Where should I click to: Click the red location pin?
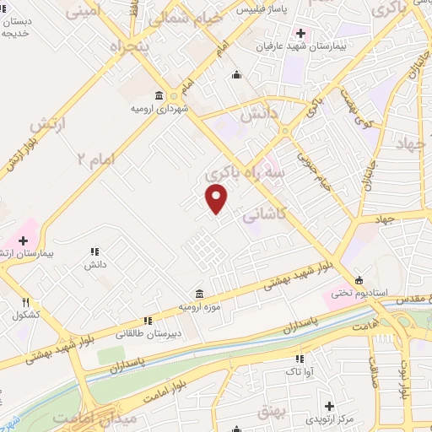[218, 198]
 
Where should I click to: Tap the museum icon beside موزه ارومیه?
[198, 294]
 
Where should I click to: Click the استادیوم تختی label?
[359, 294]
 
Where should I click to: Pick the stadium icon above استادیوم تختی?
[359, 280]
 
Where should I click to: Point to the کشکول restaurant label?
[26, 316]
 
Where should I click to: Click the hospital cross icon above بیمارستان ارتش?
[23, 240]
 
